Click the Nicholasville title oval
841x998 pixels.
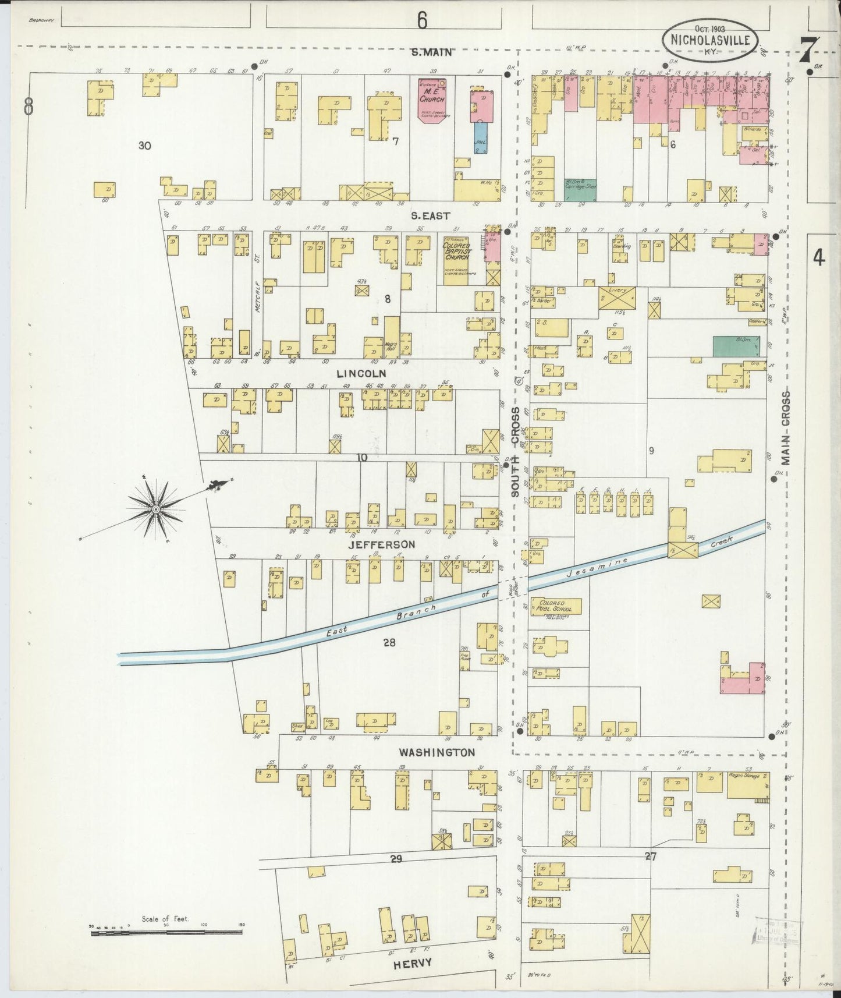(710, 39)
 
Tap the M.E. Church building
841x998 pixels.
(432, 99)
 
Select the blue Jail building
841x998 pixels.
(481, 137)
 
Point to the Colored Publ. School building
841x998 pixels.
(555, 607)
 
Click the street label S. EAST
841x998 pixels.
(430, 215)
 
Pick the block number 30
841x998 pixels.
(144, 146)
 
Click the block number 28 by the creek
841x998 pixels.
(389, 642)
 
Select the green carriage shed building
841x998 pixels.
(580, 190)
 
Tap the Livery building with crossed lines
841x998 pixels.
(617, 298)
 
